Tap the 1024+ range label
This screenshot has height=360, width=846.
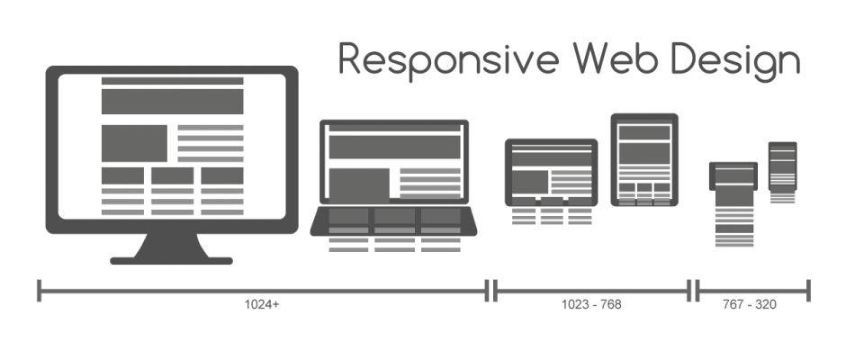tap(262, 305)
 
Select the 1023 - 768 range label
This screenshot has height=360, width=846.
tap(590, 305)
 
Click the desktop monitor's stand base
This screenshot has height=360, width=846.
tap(171, 261)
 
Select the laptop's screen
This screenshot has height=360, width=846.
tap(394, 162)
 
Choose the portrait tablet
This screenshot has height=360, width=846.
tap(644, 159)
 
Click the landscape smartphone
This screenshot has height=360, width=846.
tap(734, 175)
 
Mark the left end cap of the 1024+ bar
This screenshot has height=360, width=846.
tap(40, 290)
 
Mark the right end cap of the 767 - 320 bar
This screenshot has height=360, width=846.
tap(808, 290)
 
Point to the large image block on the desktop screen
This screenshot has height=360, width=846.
tap(134, 142)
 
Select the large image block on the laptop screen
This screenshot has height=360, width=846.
tap(358, 182)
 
